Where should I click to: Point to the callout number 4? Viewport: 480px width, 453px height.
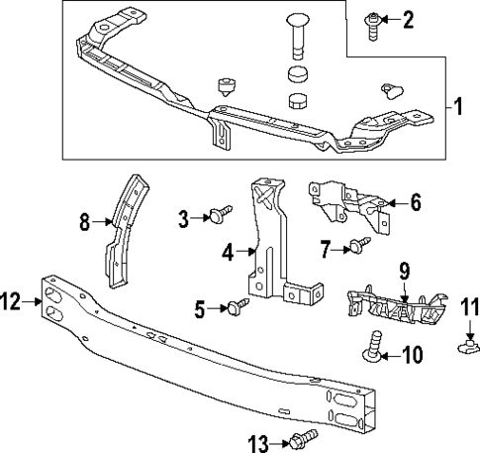tap(228, 252)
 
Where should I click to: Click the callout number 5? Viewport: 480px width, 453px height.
tap(201, 309)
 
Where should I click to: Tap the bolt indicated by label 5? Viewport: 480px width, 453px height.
tap(238, 306)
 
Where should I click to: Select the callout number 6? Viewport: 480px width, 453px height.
tap(416, 203)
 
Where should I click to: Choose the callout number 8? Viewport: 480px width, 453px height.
tap(84, 223)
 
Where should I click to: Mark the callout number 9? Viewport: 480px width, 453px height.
tap(404, 270)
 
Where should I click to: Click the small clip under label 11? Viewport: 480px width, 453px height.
tap(469, 346)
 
